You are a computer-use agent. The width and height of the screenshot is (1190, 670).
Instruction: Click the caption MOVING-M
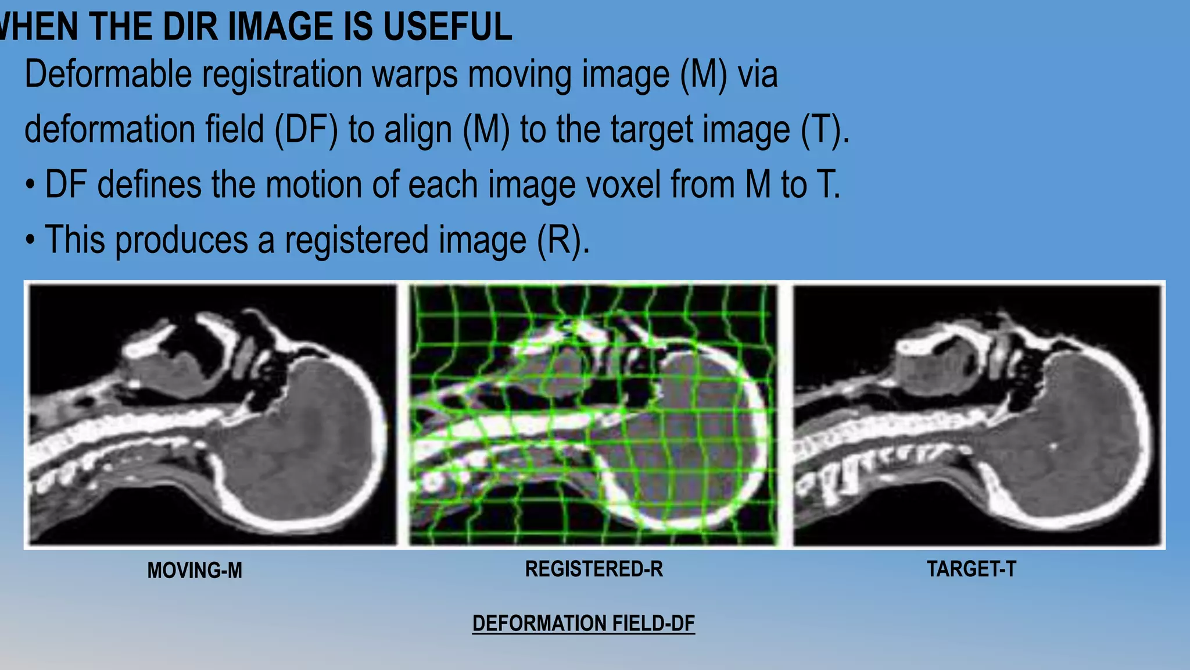pyautogui.click(x=195, y=571)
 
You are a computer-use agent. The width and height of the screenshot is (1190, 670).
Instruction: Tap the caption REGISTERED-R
pyautogui.click(x=594, y=569)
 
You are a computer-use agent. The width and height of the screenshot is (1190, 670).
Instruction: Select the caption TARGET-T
pyautogui.click(x=971, y=569)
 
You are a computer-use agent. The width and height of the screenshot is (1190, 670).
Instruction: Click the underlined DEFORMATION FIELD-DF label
pyautogui.click(x=583, y=623)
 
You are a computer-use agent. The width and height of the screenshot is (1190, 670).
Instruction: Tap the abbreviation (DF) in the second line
pyautogui.click(x=306, y=129)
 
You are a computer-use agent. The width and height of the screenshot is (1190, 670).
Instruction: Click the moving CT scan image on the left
pyautogui.click(x=213, y=415)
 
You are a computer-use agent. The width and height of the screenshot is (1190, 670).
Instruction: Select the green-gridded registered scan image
pyautogui.click(x=593, y=415)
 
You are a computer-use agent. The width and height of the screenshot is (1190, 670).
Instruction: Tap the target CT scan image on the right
pyautogui.click(x=977, y=415)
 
